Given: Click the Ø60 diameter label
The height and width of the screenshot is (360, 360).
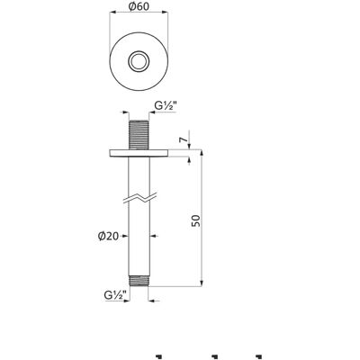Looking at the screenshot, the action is point(139,6).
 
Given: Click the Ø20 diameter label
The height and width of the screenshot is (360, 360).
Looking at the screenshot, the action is point(108,237).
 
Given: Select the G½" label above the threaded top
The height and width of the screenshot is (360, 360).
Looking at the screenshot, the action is point(166,105).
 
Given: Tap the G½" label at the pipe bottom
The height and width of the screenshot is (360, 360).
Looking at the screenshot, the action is point(115,295).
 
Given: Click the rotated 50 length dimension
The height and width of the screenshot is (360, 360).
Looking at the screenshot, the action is point(195,220).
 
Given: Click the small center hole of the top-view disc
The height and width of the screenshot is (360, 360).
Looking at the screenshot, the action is point(139,61).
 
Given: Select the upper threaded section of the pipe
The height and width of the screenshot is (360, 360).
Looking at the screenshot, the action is point(139,134).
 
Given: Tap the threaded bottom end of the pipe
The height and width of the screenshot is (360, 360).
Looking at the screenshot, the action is point(139,281).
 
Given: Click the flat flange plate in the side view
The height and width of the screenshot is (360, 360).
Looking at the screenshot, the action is point(139,152).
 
